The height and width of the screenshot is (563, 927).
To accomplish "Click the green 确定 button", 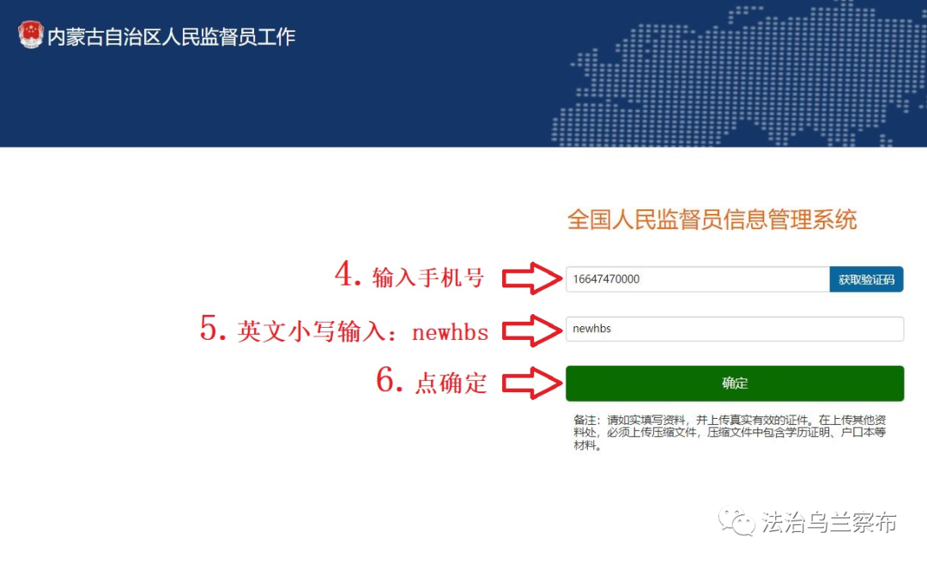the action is tap(734, 384).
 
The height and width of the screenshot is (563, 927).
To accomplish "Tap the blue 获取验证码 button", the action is tap(866, 279).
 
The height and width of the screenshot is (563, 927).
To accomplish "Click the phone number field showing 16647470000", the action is tap(698, 279).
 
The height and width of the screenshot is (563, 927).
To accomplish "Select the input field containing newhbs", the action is tap(734, 329).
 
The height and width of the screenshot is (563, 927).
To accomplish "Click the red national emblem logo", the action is tap(31, 35).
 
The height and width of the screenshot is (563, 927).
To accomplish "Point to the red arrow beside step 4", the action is tap(532, 279).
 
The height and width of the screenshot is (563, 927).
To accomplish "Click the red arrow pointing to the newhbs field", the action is tap(532, 330).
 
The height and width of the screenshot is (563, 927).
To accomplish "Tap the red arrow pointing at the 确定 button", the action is tap(532, 383).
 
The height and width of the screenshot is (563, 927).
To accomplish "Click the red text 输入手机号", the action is tap(428, 277).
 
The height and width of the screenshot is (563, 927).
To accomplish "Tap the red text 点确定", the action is tap(451, 384).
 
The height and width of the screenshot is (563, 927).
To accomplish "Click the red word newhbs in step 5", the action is tap(451, 332).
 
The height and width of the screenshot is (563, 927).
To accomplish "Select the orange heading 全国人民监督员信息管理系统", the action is tap(712, 220).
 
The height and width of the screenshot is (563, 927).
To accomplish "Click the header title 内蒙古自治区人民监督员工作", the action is tap(172, 37).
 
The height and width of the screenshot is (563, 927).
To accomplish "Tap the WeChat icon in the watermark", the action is tap(736, 521).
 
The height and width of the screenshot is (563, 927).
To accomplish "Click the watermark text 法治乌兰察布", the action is tap(829, 522).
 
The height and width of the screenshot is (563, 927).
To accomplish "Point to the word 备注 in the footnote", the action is tap(585, 420).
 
